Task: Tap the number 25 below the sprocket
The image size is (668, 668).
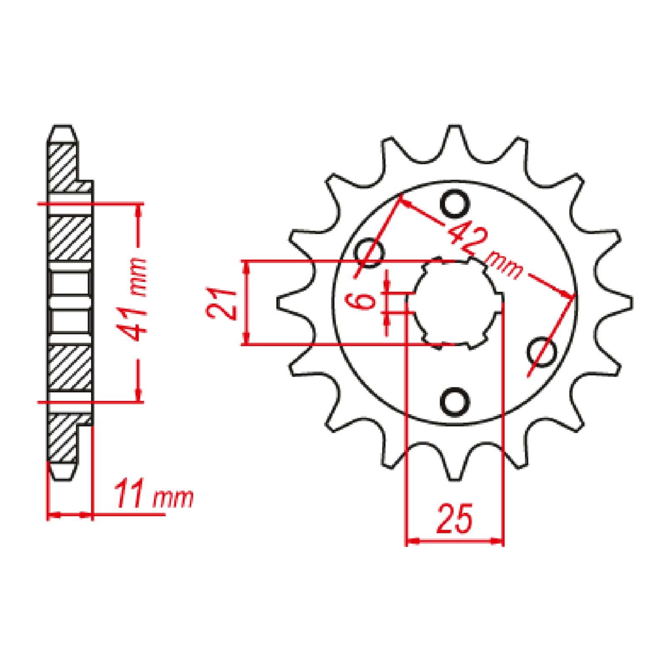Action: pos(455,519)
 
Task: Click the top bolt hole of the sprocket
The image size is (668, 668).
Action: pos(455,204)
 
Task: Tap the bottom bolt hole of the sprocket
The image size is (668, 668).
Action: pos(455,402)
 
